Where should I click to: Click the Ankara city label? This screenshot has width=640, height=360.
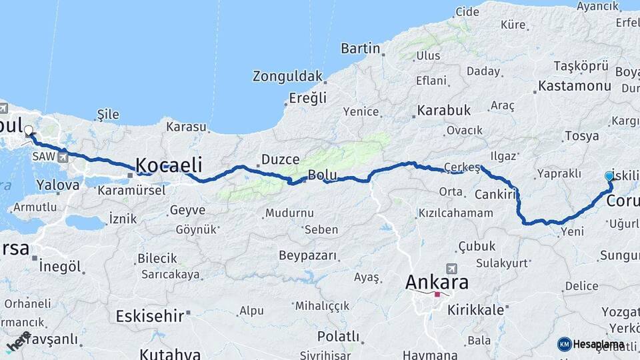pyautogui.click(x=437, y=282)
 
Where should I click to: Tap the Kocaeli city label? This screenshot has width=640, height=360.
pyautogui.click(x=169, y=165)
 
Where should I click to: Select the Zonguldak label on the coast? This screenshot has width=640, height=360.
pyautogui.click(x=287, y=76)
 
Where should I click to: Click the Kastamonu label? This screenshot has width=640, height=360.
pyautogui.click(x=574, y=86)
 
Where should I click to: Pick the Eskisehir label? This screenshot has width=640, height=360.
pyautogui.click(x=149, y=315)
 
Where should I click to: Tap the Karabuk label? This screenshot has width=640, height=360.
pyautogui.click(x=444, y=110)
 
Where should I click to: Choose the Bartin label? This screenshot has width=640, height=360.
pyautogui.click(x=360, y=48)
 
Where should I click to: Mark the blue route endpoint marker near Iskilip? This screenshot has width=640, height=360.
pyautogui.click(x=609, y=176)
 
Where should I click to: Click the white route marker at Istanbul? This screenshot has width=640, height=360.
pyautogui.click(x=28, y=132)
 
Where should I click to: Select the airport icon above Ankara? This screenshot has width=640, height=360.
pyautogui.click(x=451, y=268)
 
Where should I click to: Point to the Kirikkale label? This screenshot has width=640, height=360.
pyautogui.click(x=475, y=310)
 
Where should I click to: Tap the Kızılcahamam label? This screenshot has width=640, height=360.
pyautogui.click(x=455, y=213)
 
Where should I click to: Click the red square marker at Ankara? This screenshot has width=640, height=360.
pyautogui.click(x=437, y=294)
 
